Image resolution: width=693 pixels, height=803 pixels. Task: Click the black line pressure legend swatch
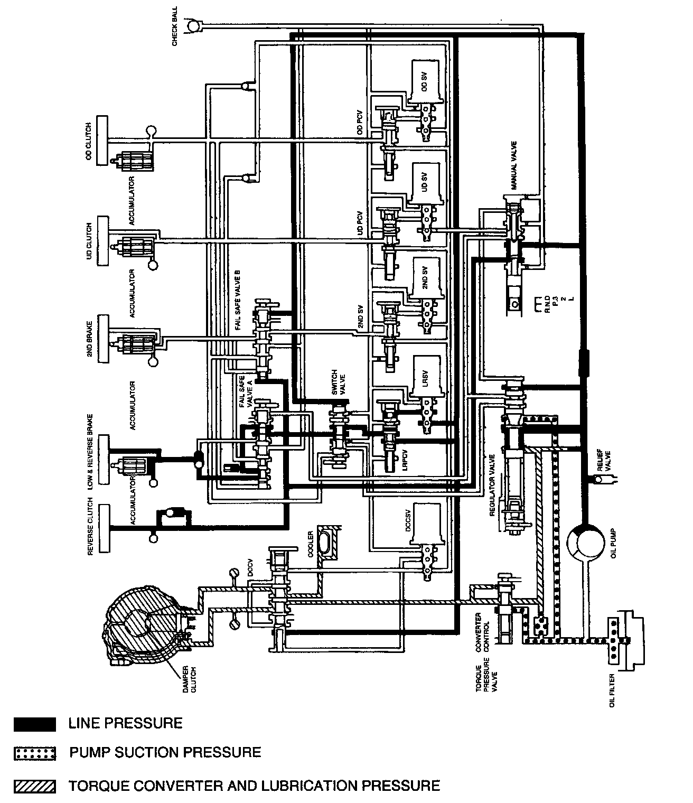(35, 723)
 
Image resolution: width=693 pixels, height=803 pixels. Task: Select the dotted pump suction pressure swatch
(35, 753)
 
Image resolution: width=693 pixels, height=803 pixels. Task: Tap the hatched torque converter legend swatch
(35, 786)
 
